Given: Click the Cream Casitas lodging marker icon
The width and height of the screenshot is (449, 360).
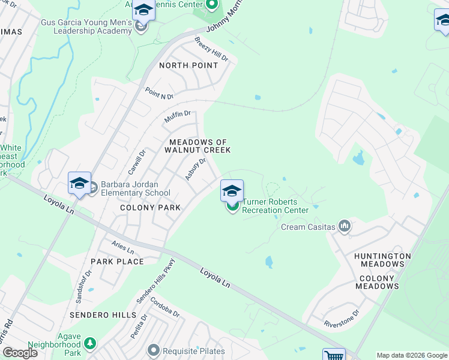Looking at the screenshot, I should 345,226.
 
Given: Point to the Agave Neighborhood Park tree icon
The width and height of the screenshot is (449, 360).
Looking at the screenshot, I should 89,343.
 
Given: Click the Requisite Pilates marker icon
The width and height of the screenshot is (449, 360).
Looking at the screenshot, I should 154,350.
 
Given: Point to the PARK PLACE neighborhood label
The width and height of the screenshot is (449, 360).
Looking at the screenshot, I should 117,262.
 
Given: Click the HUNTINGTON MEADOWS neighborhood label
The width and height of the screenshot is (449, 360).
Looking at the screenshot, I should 382,260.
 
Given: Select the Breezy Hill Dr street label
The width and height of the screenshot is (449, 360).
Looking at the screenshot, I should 211,50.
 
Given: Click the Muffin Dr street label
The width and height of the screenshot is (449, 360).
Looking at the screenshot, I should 177,117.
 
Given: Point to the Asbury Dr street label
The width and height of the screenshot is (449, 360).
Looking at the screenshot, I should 196,169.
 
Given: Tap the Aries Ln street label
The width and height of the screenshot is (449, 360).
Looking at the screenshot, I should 123,247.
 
